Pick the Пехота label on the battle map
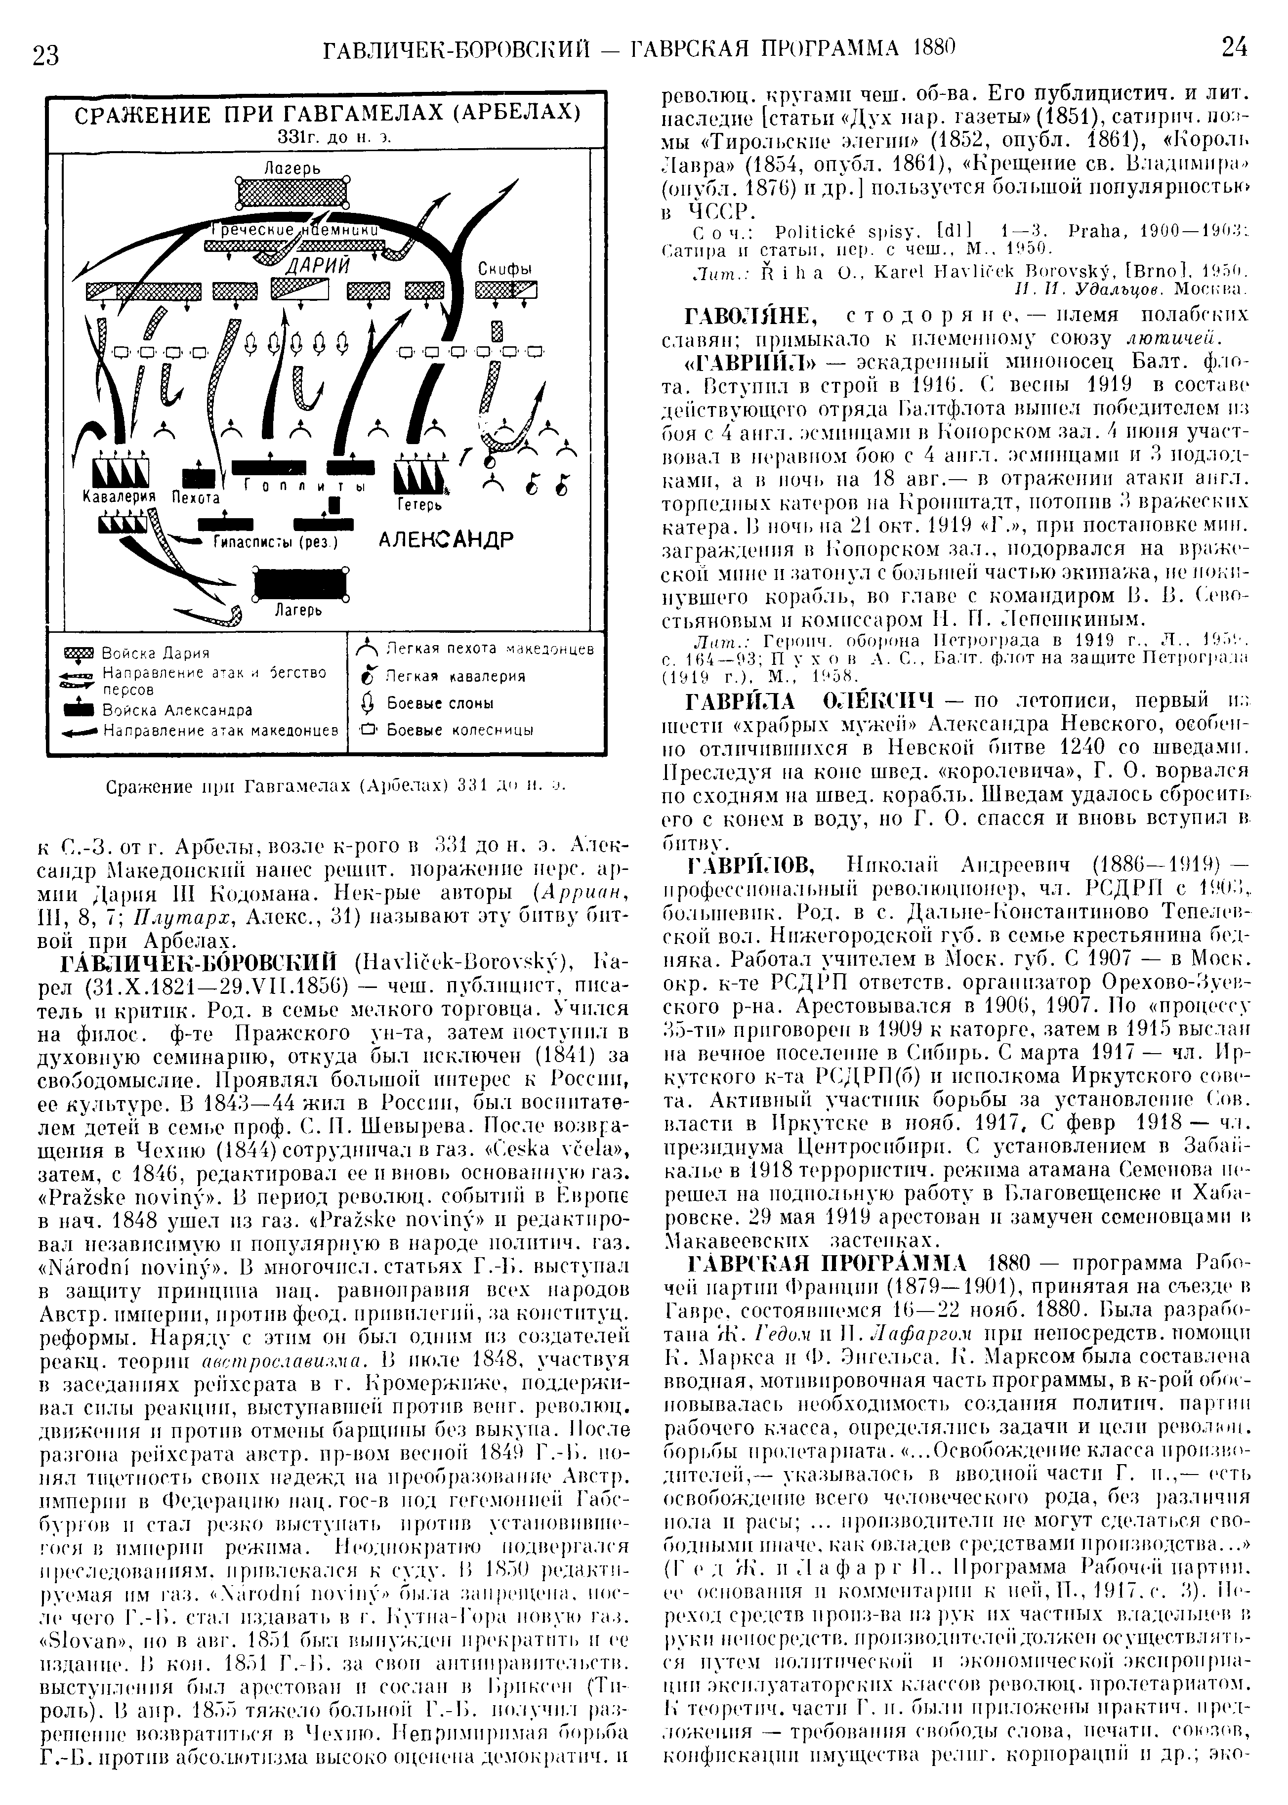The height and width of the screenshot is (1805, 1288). click(x=195, y=498)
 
